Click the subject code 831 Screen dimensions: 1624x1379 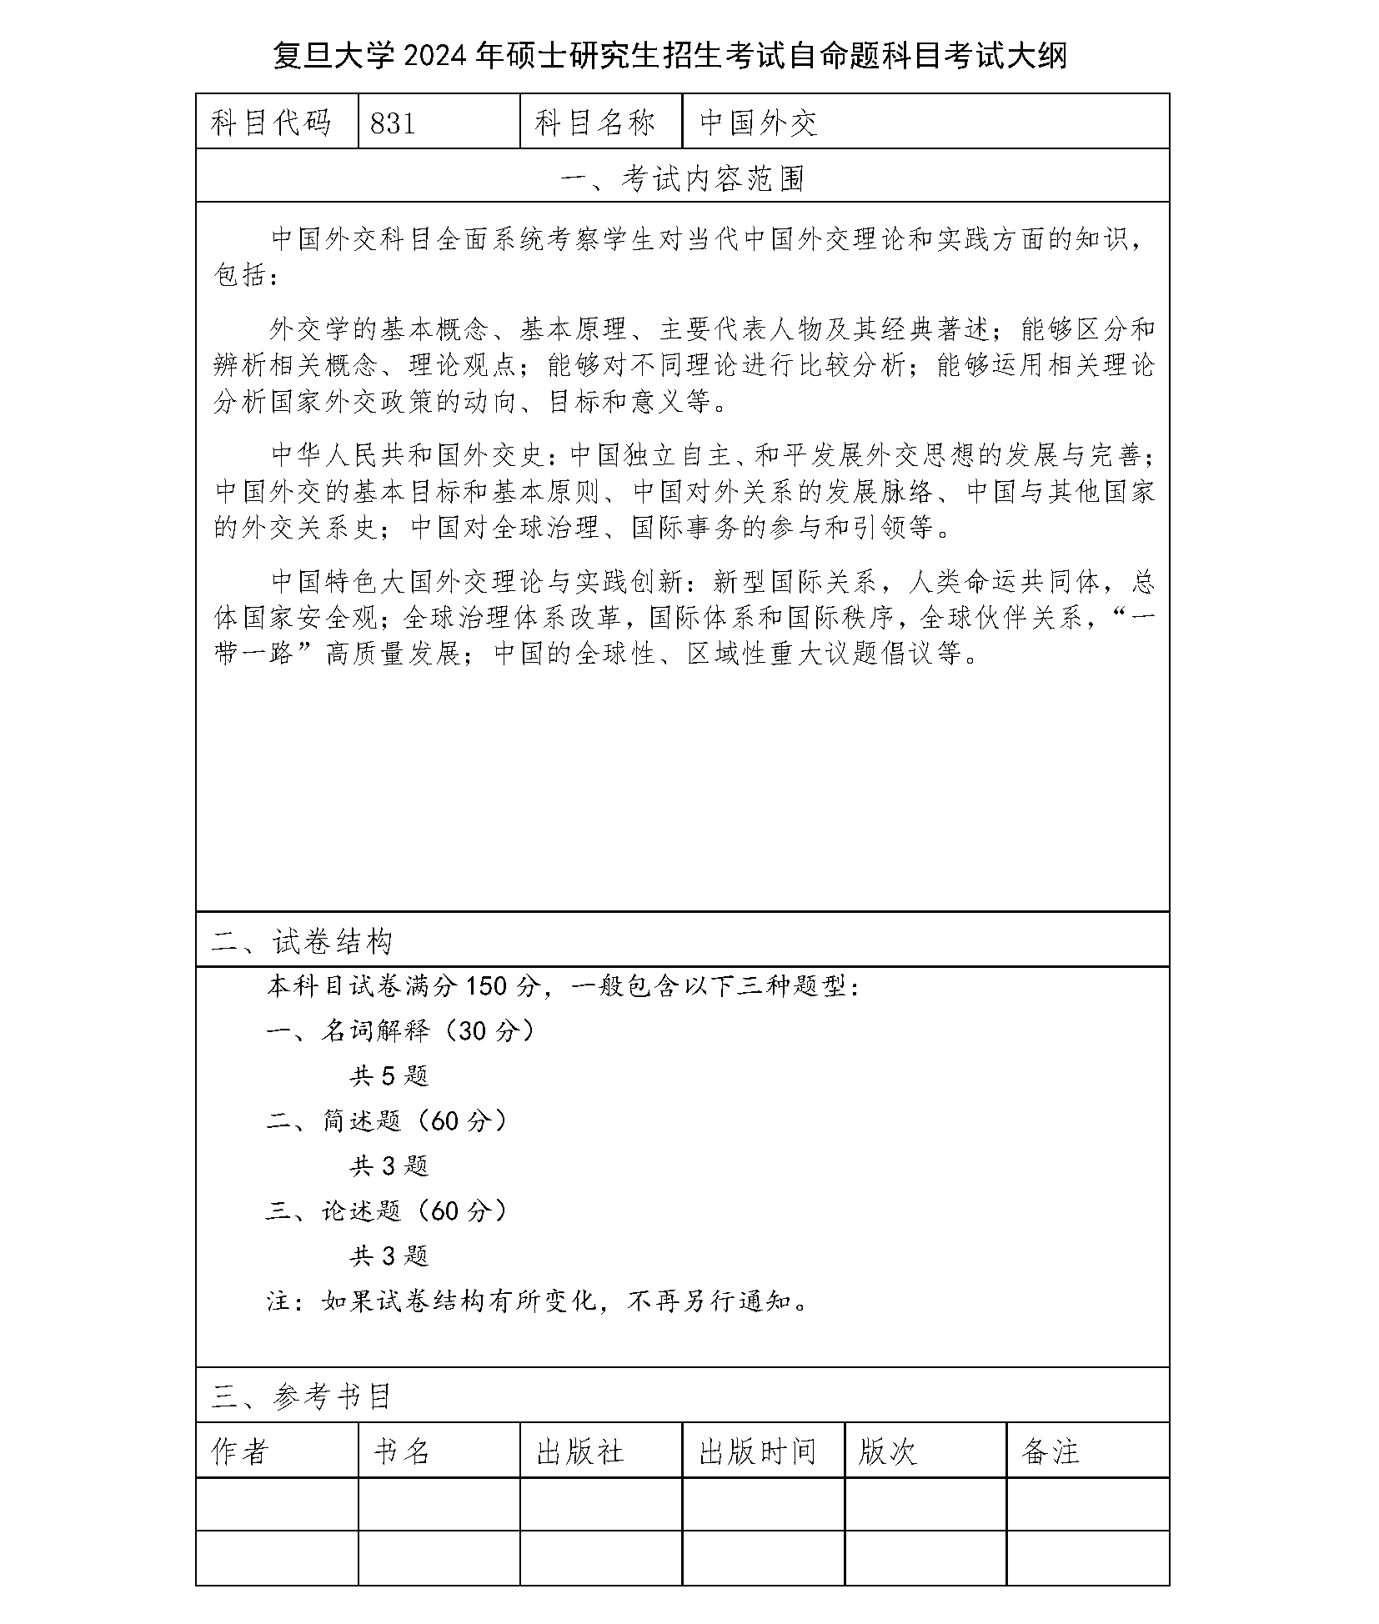(x=393, y=123)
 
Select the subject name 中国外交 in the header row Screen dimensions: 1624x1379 (x=758, y=123)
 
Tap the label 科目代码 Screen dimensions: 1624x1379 (x=272, y=123)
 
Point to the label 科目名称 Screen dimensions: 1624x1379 (x=595, y=123)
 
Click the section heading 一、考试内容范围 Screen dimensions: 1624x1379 (x=682, y=178)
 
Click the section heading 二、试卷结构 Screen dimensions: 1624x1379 (x=302, y=942)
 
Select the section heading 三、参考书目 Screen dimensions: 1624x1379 (x=302, y=1396)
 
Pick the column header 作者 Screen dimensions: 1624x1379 (x=240, y=1451)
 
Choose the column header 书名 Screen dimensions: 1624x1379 (x=402, y=1451)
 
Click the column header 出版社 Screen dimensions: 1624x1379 (x=580, y=1451)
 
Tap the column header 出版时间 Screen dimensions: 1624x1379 (x=757, y=1451)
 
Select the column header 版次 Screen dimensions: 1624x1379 (x=888, y=1451)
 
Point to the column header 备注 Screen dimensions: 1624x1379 (x=1050, y=1451)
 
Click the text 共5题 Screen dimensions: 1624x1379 (x=389, y=1076)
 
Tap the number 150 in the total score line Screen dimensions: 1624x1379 (x=486, y=986)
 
